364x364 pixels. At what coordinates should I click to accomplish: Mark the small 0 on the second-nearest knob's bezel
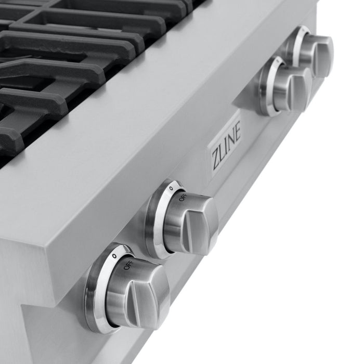pos(171,188)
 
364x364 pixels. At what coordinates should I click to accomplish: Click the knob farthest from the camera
pos(315,53)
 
